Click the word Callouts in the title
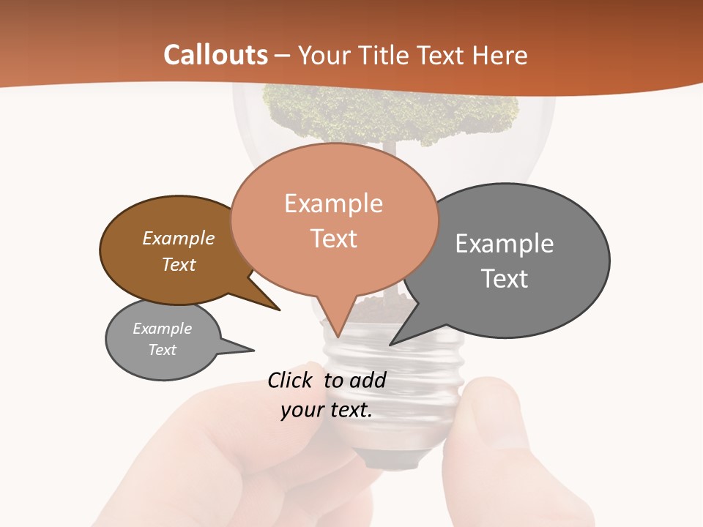pyautogui.click(x=215, y=55)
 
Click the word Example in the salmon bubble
pyautogui.click(x=334, y=203)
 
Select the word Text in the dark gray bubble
pyautogui.click(x=505, y=279)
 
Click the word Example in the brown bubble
pyautogui.click(x=179, y=239)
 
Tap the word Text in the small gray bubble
pyautogui.click(x=163, y=350)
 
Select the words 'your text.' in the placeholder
pyautogui.click(x=327, y=411)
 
